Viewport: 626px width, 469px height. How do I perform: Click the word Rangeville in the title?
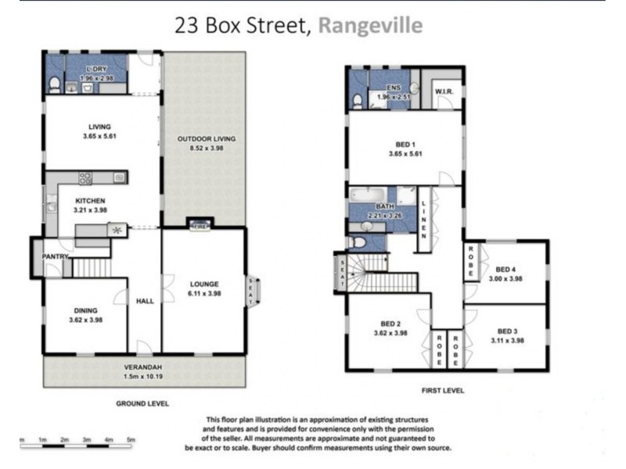[370, 25]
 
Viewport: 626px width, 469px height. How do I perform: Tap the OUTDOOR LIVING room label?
[206, 139]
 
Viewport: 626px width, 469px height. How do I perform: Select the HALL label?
[144, 300]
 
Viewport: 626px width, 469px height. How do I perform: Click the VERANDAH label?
[142, 366]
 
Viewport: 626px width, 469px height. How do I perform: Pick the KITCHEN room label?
[90, 201]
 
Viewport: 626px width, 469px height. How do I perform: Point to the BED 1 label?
[405, 145]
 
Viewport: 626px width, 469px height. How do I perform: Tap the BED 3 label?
[508, 330]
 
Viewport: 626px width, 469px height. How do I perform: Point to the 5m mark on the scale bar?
[131, 439]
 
